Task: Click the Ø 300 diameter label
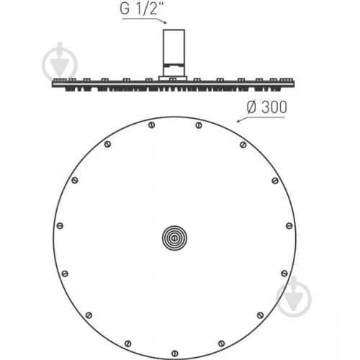pyautogui.click(x=266, y=107)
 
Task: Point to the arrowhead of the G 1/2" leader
pyautogui.click(x=165, y=22)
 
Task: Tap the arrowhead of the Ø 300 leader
pyautogui.click(x=238, y=121)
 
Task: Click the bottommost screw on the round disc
pyautogui.click(x=175, y=354)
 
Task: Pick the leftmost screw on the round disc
pyautogui.click(x=60, y=225)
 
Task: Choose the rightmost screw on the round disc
pyautogui.click(x=289, y=225)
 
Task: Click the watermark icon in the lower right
pyautogui.click(x=294, y=297)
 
